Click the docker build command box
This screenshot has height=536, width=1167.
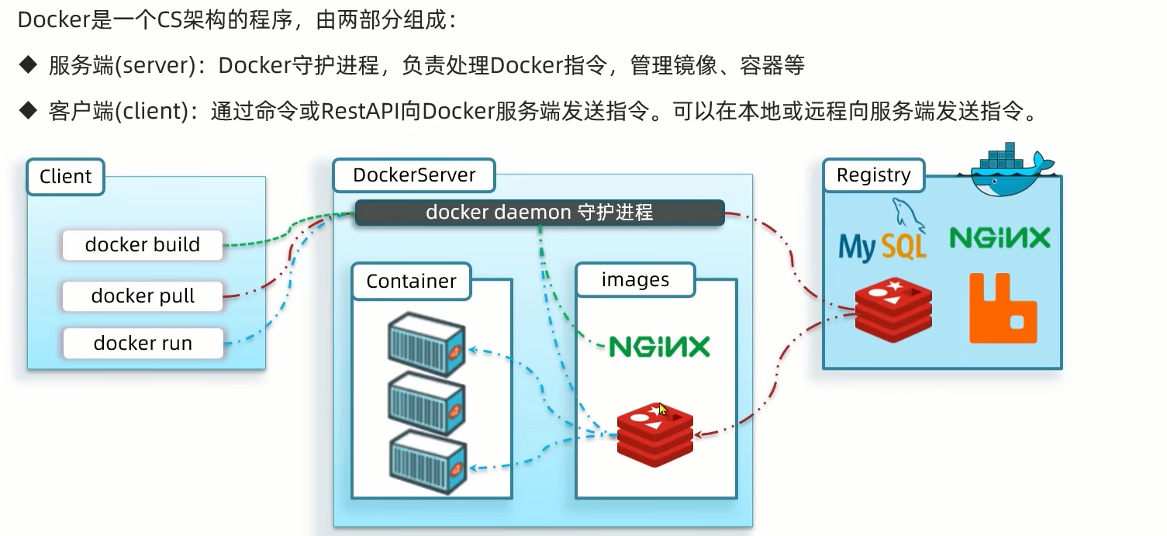tap(143, 245)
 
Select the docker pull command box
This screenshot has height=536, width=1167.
tap(143, 296)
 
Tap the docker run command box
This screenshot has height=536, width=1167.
tap(143, 343)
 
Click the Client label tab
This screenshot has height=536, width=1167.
tap(66, 177)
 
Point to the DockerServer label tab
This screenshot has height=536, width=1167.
tap(414, 175)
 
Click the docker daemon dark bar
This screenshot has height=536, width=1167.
tap(539, 213)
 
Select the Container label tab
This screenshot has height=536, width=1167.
tap(411, 281)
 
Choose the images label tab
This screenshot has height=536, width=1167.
tap(635, 280)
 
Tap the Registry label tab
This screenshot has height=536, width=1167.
tap(873, 175)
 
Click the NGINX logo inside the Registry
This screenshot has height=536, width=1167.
tap(1000, 237)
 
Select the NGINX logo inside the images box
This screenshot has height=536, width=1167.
tap(659, 346)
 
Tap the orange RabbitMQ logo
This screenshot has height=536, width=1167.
tap(1003, 308)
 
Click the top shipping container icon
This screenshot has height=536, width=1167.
tap(426, 344)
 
